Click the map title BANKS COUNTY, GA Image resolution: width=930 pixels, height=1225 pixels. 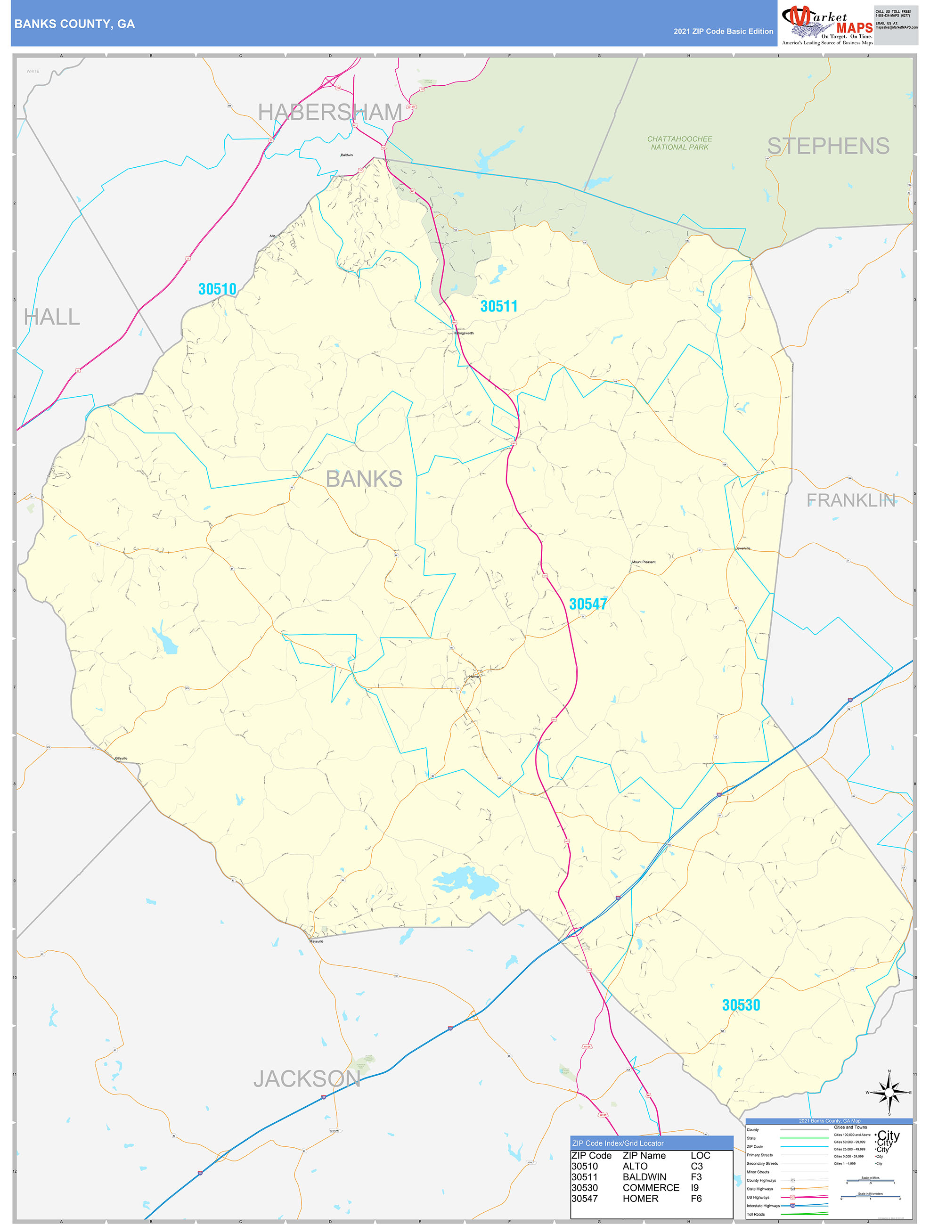[x=74, y=24]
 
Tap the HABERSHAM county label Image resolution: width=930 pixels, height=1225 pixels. [x=330, y=113]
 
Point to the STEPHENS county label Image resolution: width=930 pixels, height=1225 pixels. [x=828, y=146]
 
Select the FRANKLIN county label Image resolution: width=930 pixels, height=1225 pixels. [x=850, y=501]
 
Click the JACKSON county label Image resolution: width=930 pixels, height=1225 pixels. [x=307, y=1079]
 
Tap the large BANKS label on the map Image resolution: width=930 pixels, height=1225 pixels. [x=364, y=479]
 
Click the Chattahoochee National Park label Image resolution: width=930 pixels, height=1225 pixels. [x=680, y=143]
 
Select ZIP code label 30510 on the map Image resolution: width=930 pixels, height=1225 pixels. [x=217, y=289]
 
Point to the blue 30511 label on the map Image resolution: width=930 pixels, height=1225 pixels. [x=498, y=306]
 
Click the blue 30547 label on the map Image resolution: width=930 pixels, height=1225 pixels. [x=587, y=604]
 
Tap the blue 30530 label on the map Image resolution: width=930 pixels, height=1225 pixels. [x=741, y=1005]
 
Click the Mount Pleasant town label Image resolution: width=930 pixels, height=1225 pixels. [x=644, y=562]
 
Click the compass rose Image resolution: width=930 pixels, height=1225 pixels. [x=889, y=1093]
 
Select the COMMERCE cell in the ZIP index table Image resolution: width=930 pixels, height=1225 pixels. [x=650, y=1188]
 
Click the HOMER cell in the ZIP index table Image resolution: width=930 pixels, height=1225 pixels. [x=640, y=1199]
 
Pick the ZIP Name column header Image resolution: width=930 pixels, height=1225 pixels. [x=644, y=1156]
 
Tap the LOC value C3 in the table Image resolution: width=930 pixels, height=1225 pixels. [x=696, y=1166]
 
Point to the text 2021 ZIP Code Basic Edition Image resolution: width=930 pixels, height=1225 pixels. [x=723, y=32]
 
